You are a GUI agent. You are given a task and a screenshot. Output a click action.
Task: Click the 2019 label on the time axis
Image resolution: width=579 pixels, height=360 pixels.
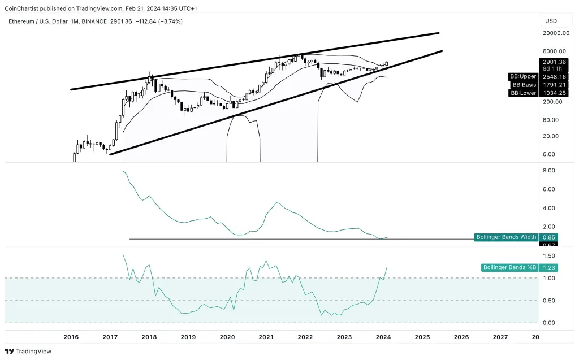pyautogui.click(x=188, y=337)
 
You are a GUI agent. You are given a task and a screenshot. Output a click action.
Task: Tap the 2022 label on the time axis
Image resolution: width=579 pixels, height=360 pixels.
pyautogui.click(x=305, y=337)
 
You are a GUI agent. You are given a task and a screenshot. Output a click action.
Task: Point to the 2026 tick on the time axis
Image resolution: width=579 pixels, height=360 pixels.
pyautogui.click(x=461, y=337)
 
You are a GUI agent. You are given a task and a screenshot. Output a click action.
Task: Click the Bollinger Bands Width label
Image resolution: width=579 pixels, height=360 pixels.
pyautogui.click(x=505, y=237)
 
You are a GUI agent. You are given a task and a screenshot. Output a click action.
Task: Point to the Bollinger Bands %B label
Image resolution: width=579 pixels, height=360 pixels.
pyautogui.click(x=508, y=268)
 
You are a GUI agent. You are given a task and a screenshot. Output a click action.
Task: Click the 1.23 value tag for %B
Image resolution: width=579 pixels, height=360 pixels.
pyautogui.click(x=548, y=268)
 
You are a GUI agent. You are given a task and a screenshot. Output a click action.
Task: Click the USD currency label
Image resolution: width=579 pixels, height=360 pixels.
pyautogui.click(x=551, y=21)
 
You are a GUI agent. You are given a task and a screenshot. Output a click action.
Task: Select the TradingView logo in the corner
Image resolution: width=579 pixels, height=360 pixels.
pyautogui.click(x=28, y=351)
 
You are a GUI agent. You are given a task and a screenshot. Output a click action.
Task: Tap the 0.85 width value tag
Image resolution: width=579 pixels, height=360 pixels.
pyautogui.click(x=548, y=237)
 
